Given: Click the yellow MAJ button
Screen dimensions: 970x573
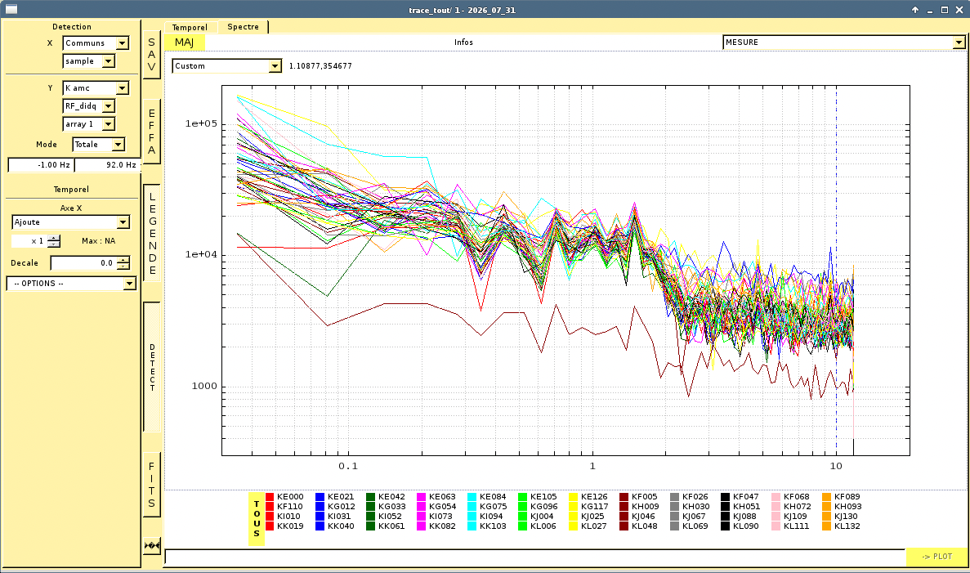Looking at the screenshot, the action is coord(185,42).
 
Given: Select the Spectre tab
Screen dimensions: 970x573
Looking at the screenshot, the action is coord(244,27).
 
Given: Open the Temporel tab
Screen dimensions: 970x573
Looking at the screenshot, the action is coord(190,27).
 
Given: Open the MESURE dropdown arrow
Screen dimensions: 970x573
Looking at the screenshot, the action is coord(959,42).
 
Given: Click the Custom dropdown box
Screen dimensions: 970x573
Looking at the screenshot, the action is coord(226,65).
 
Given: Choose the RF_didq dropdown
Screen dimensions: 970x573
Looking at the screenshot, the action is coord(89,105).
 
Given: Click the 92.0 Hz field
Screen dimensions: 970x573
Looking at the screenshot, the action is coord(108,164).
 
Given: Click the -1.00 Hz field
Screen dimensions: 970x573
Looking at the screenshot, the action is coord(41,164).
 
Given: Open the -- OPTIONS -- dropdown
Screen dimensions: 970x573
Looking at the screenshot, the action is coord(71,284).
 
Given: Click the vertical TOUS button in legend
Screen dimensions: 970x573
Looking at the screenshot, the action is coord(256,518).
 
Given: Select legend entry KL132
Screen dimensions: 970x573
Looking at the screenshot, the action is coord(842,526).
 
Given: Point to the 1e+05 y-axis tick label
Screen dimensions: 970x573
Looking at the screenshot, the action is coord(202,123).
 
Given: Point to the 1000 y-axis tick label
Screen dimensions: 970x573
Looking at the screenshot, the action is coord(205,386).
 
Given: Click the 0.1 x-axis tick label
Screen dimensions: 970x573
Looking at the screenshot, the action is coord(348,466).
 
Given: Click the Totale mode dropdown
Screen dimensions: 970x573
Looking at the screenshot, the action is coord(98,144).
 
